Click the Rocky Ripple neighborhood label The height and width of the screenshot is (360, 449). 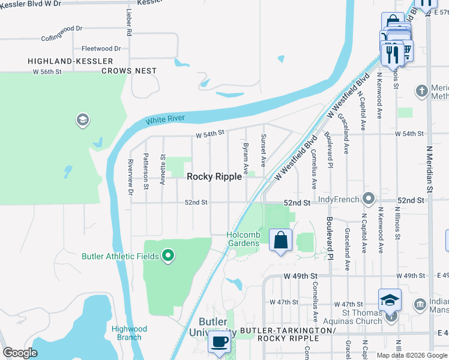[x=214, y=176]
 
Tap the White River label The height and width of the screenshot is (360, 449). [x=165, y=119]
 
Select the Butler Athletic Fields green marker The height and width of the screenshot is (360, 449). [x=169, y=256]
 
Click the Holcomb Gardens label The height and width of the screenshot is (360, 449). [x=243, y=239]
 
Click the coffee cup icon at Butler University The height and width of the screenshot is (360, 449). [x=219, y=342]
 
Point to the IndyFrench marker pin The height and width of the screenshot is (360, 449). [x=369, y=199]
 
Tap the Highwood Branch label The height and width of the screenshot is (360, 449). [x=129, y=333]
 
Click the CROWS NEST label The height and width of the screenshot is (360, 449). [x=129, y=71]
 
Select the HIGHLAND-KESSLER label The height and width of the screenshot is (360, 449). [x=70, y=61]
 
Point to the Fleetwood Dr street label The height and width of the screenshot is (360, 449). [x=101, y=49]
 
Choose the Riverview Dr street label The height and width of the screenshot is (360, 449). [x=130, y=176]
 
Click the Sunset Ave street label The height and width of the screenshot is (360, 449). [x=263, y=151]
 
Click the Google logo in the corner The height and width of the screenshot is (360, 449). [x=20, y=353]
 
